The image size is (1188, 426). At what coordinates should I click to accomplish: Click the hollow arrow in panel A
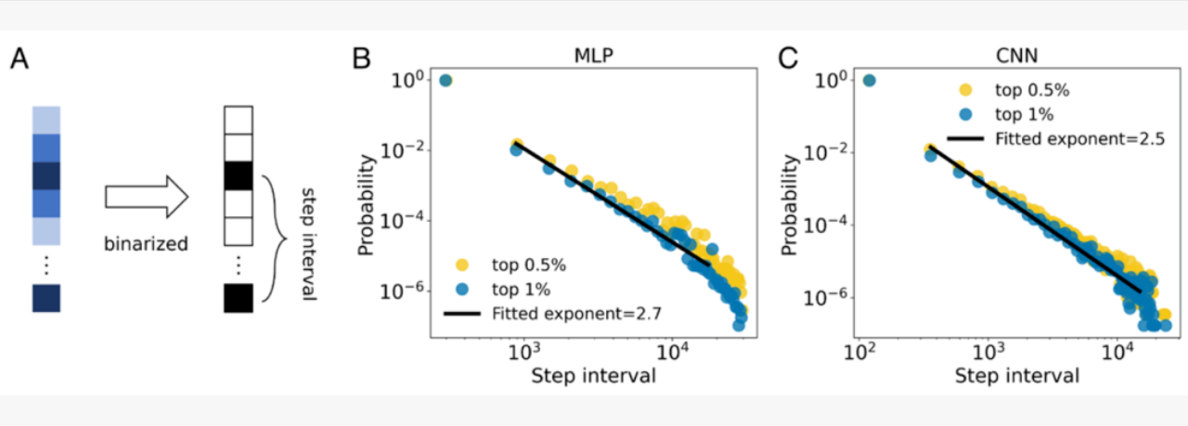(x=147, y=197)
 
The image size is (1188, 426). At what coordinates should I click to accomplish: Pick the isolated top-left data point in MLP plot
(x=445, y=81)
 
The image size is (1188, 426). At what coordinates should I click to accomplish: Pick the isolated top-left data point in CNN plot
(x=870, y=81)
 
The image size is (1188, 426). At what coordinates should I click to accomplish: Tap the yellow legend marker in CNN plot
(x=965, y=91)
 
